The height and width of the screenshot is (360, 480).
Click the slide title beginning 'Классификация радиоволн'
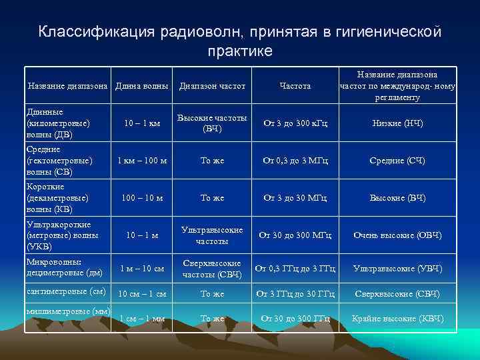(x=240, y=41)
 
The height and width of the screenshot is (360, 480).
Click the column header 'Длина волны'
(x=141, y=85)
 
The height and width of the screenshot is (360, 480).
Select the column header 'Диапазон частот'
(x=212, y=86)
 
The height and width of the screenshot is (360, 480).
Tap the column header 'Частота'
(x=295, y=86)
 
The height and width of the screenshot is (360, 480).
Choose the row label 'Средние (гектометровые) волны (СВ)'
(x=58, y=161)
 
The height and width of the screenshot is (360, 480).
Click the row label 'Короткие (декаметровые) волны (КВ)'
(x=58, y=198)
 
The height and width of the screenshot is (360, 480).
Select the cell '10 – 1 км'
(x=143, y=123)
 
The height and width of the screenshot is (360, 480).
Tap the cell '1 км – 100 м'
(x=142, y=161)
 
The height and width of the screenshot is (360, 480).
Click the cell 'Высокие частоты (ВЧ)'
(x=212, y=123)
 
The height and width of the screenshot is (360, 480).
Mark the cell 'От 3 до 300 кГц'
(x=295, y=123)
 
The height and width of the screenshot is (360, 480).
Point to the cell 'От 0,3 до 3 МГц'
(x=295, y=161)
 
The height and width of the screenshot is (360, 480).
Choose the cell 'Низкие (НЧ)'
(x=397, y=123)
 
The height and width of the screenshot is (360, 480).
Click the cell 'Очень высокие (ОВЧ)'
(x=397, y=235)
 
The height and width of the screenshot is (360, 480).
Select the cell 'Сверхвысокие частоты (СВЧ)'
(x=212, y=268)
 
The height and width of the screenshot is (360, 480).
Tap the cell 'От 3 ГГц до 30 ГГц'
(x=295, y=293)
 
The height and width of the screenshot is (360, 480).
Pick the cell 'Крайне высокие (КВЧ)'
(x=397, y=319)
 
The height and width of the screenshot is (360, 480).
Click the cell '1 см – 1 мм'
(x=142, y=319)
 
